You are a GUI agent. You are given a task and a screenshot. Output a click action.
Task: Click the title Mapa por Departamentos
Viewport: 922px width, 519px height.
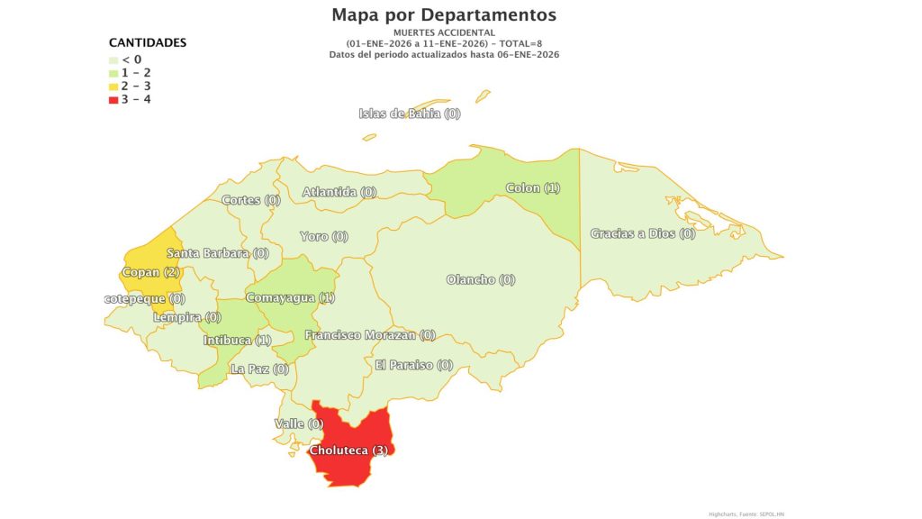coord(444,15)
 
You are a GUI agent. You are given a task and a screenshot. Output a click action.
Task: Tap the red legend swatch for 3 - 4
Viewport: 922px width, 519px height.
coord(113,99)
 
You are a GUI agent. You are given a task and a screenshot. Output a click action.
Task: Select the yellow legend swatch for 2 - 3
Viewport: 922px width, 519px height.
coord(113,86)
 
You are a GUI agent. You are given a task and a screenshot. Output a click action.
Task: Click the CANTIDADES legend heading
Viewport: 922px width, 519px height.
coord(148,42)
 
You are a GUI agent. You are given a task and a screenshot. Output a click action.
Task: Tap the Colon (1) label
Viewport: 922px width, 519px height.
coord(533,188)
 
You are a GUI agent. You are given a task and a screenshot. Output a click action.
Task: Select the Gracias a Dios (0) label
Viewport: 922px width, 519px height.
coord(643,233)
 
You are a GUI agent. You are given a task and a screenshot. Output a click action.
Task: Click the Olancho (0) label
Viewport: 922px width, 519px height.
coord(481,279)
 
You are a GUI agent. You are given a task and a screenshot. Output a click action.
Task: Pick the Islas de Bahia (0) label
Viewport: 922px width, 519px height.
coord(410,114)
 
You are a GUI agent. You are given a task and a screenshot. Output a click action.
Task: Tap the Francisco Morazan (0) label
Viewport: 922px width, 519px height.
coord(370,335)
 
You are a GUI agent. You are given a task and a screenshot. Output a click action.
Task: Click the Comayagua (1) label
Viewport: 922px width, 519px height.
coord(290,297)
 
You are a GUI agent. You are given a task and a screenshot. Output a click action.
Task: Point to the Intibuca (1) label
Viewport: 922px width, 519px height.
coord(237,341)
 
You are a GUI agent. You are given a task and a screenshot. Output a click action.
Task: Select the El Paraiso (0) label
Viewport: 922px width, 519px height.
coord(414,365)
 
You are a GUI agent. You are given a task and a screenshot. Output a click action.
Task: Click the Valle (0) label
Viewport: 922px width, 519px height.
coord(298,423)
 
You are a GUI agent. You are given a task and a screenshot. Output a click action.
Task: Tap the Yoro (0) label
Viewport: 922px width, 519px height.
coord(323,236)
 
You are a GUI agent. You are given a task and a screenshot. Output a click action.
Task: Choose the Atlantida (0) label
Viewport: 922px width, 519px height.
coord(339,192)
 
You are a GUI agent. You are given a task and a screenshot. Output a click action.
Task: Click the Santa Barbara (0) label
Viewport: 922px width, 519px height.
coord(217,253)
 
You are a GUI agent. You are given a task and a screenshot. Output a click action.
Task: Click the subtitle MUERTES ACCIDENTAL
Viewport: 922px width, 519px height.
coord(444,32)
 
